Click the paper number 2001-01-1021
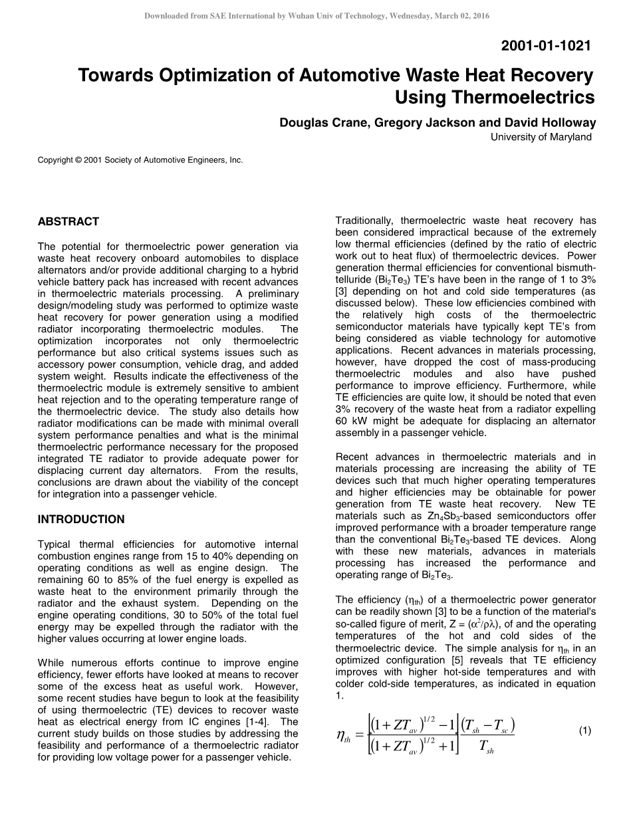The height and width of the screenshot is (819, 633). [545, 46]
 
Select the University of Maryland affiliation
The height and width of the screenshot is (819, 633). [541, 137]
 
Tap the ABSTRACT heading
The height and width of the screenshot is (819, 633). [68, 221]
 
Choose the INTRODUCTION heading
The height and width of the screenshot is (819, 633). [81, 519]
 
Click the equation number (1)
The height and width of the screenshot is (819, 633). [584, 731]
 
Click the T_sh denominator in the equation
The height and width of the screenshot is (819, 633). [485, 747]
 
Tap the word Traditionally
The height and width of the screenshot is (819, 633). [367, 221]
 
